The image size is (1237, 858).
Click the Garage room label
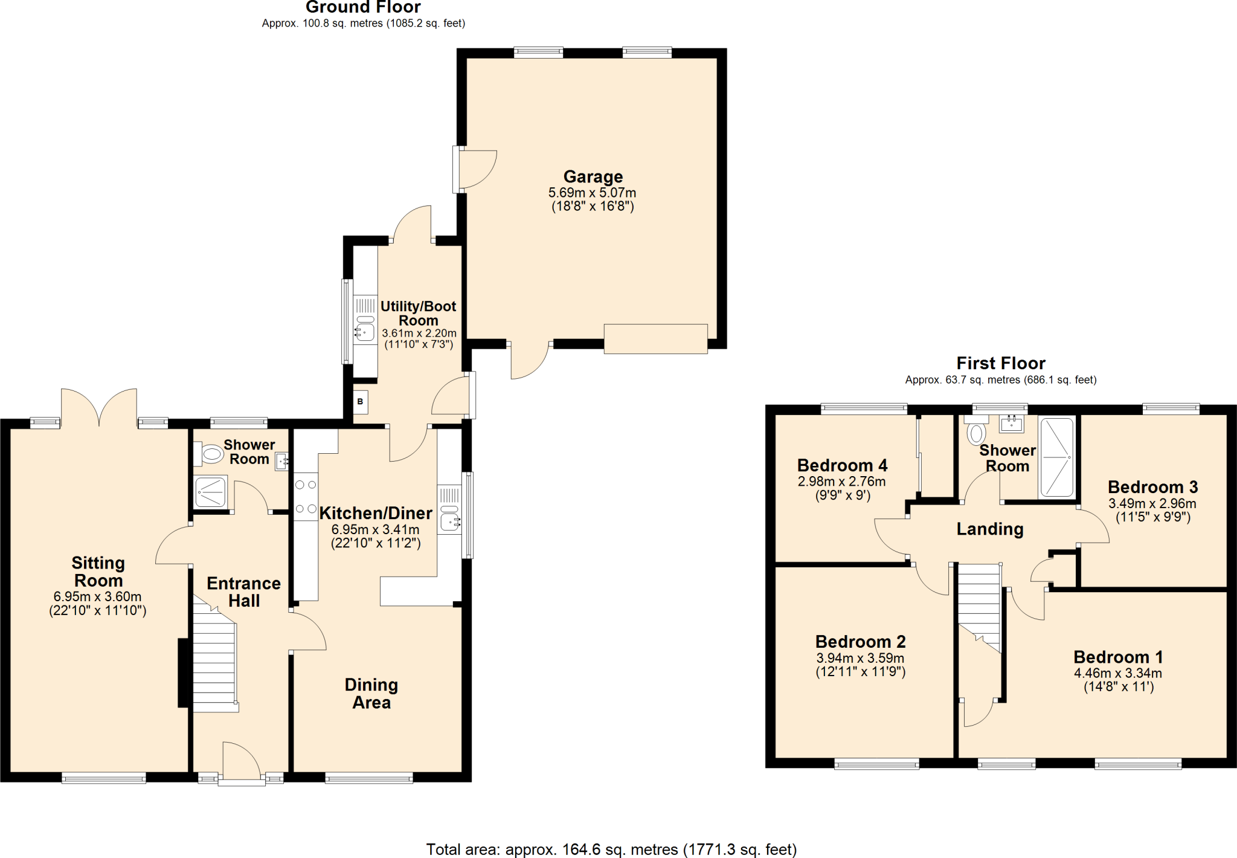593,176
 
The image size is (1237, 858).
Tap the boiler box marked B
360,402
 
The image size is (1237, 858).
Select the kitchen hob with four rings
306,497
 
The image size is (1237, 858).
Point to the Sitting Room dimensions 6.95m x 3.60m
98,596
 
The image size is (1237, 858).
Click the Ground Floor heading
363,7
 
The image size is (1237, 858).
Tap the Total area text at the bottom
611,850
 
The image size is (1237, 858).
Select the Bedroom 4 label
842,465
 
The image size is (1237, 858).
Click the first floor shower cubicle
1056,457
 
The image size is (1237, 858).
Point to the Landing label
990,529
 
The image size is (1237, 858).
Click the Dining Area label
371,693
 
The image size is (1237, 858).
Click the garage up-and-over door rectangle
655,338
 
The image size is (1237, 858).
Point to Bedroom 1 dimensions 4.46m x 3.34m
1117,673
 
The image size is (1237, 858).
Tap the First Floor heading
1000,363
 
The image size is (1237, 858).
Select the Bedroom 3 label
1152,487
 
